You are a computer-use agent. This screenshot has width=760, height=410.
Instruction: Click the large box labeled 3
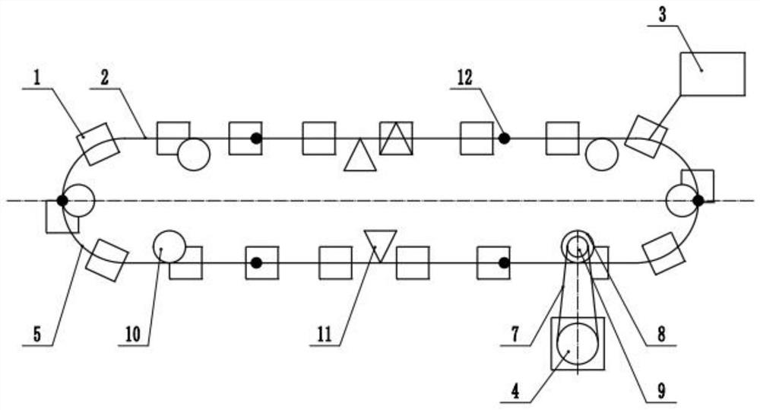click(712, 74)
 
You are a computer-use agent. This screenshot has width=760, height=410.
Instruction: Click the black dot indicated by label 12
click(504, 138)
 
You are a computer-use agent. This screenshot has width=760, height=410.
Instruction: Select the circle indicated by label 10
click(169, 246)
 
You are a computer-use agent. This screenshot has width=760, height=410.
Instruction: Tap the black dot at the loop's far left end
click(62, 201)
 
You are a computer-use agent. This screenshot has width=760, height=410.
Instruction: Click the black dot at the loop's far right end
click(698, 201)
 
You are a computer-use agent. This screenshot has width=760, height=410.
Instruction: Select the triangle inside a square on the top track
click(396, 138)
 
